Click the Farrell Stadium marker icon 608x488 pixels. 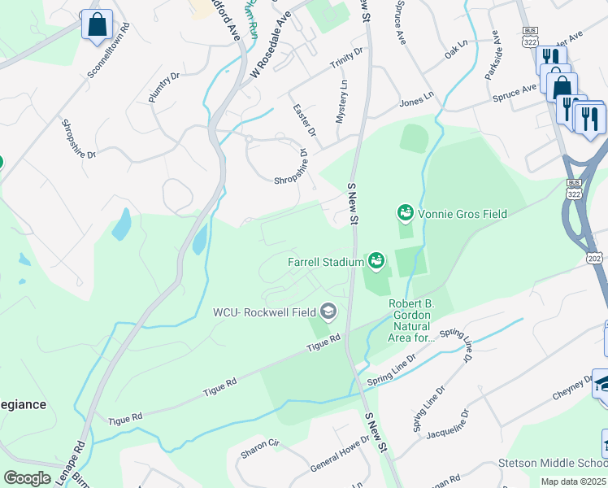pyautogui.click(x=376, y=261)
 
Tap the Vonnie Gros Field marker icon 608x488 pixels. pyautogui.click(x=405, y=213)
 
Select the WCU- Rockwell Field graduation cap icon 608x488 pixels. pyautogui.click(x=328, y=311)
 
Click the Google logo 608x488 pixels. pyautogui.click(x=27, y=478)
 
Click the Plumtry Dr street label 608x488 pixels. pyautogui.click(x=163, y=89)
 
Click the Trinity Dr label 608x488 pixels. pyautogui.click(x=346, y=55)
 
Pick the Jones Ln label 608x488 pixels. pyautogui.click(x=417, y=102)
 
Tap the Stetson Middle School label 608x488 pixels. pyautogui.click(x=553, y=464)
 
